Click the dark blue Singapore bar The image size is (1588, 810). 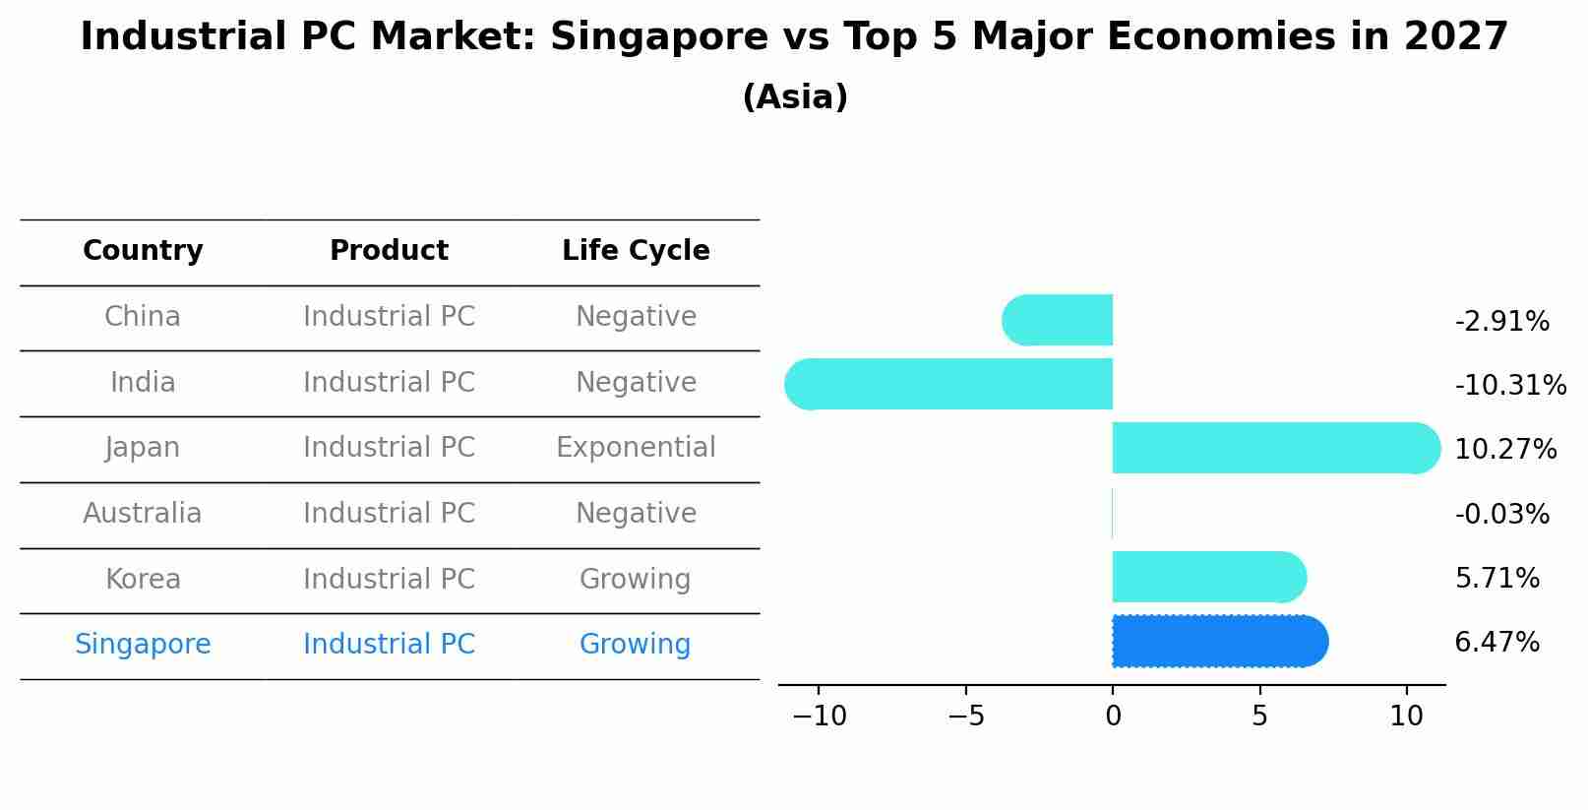pyautogui.click(x=1218, y=642)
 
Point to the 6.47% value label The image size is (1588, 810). pyautogui.click(x=1496, y=643)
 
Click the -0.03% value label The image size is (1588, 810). pyautogui.click(x=1501, y=514)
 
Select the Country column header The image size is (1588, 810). pyautogui.click(x=143, y=251)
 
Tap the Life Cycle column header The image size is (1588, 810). pyautogui.click(x=636, y=251)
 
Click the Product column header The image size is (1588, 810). pyautogui.click(x=389, y=251)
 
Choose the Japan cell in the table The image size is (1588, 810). pyautogui.click(x=143, y=448)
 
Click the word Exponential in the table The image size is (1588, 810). pyautogui.click(x=636, y=448)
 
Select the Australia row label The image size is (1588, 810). pyautogui.click(x=143, y=514)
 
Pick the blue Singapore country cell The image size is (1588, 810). pyautogui.click(x=143, y=645)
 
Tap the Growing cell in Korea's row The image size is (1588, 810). pyautogui.click(x=636, y=579)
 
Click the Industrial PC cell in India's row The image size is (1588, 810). pyautogui.click(x=389, y=382)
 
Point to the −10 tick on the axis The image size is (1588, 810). pyautogui.click(x=819, y=717)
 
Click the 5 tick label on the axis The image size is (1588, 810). pyautogui.click(x=1259, y=717)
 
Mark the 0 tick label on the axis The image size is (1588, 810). pyautogui.click(x=1113, y=717)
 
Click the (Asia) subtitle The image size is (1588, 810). pyautogui.click(x=794, y=97)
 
